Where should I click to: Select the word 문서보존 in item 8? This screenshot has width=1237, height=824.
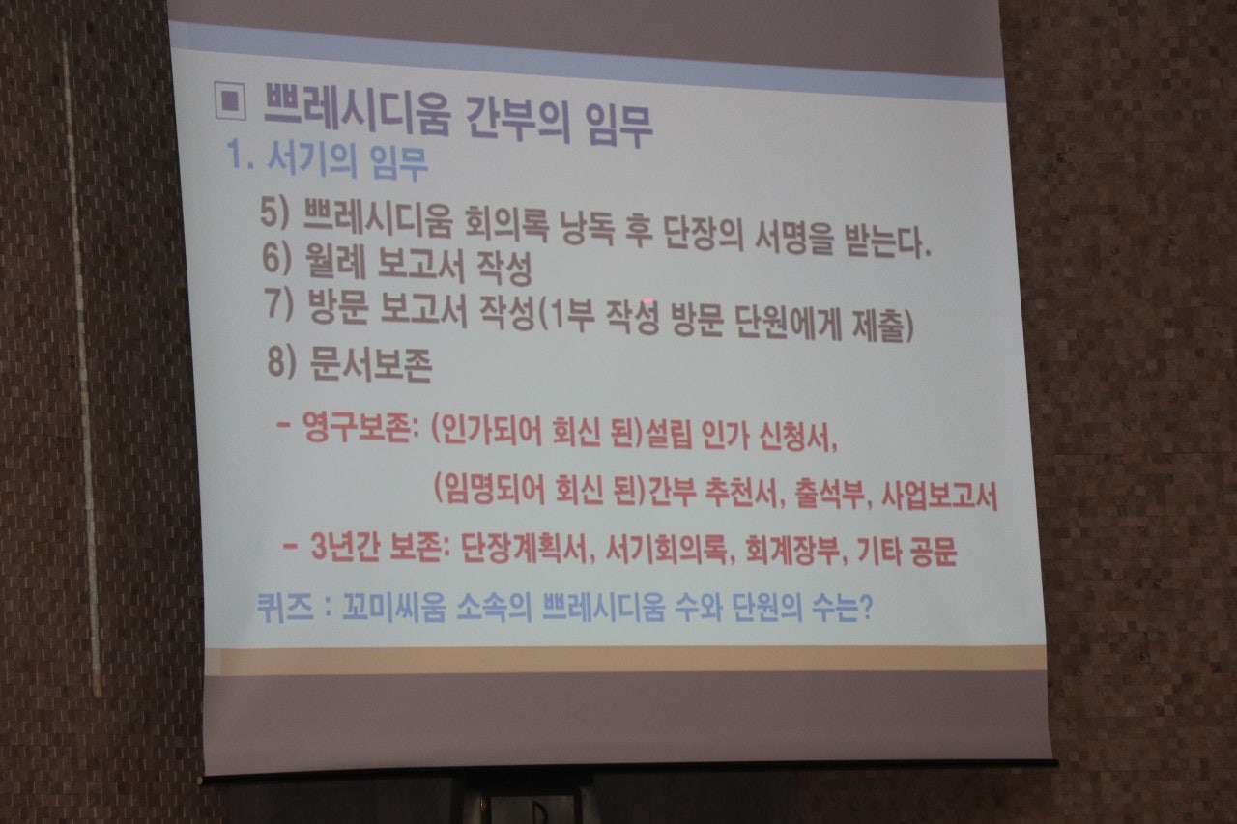pos(371,365)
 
